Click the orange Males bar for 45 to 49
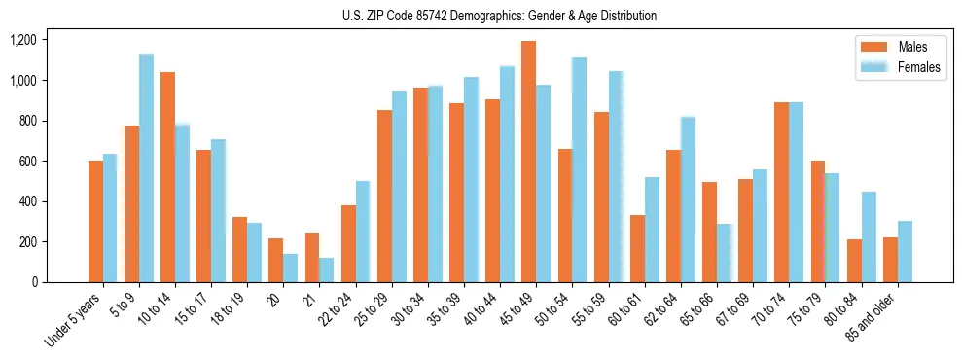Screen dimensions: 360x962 click(x=528, y=162)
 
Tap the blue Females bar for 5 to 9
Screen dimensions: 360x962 click(x=146, y=168)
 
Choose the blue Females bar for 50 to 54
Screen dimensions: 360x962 click(x=579, y=170)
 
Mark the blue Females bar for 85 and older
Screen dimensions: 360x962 click(x=905, y=252)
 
